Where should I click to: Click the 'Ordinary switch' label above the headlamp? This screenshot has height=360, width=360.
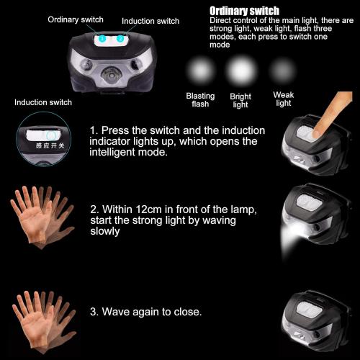[76, 19]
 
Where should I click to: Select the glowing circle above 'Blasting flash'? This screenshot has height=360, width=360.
[200, 73]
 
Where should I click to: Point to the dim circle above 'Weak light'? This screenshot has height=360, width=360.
[282, 71]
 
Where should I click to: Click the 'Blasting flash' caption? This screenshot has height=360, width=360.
[200, 100]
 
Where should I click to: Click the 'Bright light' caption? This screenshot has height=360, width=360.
[240, 100]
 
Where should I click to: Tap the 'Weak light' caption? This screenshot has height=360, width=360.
[283, 99]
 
